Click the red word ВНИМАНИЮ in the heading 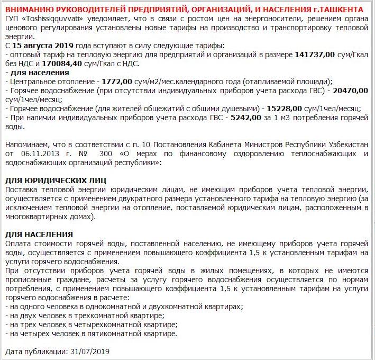tap(27, 10)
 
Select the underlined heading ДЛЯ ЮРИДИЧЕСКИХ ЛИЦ tap(55, 181)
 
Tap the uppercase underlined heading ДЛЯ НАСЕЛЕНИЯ tap(39, 234)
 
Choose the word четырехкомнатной tap(111, 325)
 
